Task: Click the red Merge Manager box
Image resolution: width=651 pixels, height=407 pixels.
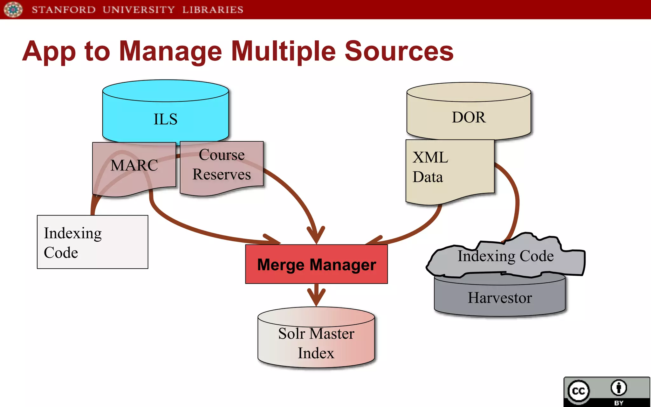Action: (316, 264)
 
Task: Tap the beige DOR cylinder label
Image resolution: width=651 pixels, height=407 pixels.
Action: (469, 117)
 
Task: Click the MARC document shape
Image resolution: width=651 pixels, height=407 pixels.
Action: (134, 165)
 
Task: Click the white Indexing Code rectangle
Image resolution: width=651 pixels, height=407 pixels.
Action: (93, 242)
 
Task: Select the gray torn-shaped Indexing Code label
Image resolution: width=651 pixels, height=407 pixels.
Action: (505, 256)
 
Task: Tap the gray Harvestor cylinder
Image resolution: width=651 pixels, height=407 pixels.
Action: (499, 298)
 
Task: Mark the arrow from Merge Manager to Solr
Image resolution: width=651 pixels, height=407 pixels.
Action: (316, 294)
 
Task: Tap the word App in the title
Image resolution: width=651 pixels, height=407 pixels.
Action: (49, 52)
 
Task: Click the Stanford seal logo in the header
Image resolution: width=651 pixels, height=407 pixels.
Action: (13, 9)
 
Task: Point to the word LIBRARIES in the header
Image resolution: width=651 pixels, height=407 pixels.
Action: (213, 10)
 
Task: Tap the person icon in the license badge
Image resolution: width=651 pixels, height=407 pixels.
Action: (619, 388)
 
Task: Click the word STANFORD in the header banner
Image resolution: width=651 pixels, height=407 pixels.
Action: (64, 10)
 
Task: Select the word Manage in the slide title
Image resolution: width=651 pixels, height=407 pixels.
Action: (170, 52)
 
